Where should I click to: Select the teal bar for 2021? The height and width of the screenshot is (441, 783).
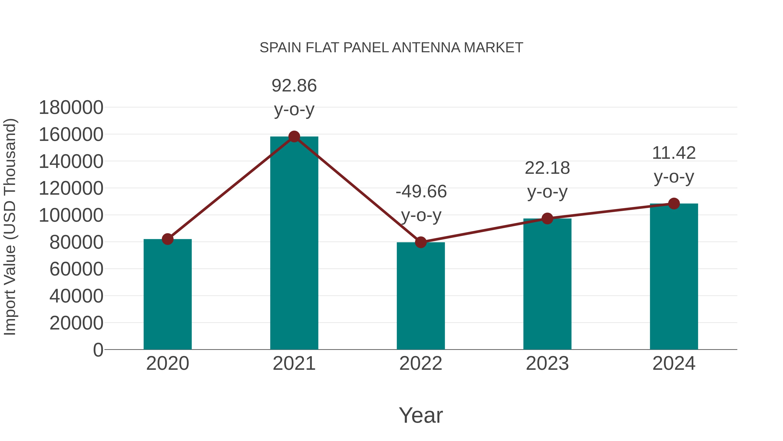coord(294,243)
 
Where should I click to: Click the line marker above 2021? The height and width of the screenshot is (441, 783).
coord(294,137)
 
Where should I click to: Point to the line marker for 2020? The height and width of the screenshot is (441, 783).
coord(167,239)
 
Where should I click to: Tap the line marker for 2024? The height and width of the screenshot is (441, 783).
coord(674,204)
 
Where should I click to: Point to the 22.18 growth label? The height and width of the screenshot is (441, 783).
coord(547,180)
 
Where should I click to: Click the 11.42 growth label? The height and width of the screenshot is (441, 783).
coord(674,165)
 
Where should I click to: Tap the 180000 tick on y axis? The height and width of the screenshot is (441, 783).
coord(71,108)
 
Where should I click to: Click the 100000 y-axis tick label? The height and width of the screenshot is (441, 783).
coord(71,215)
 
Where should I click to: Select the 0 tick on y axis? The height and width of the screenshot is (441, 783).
coord(98,350)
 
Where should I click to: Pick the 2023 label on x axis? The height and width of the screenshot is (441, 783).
coord(547,363)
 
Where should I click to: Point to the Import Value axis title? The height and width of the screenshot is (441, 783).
coord(10,227)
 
